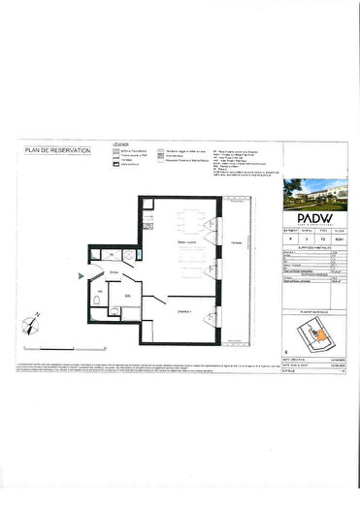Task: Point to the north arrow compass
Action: [34, 314]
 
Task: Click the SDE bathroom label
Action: [127, 298]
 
